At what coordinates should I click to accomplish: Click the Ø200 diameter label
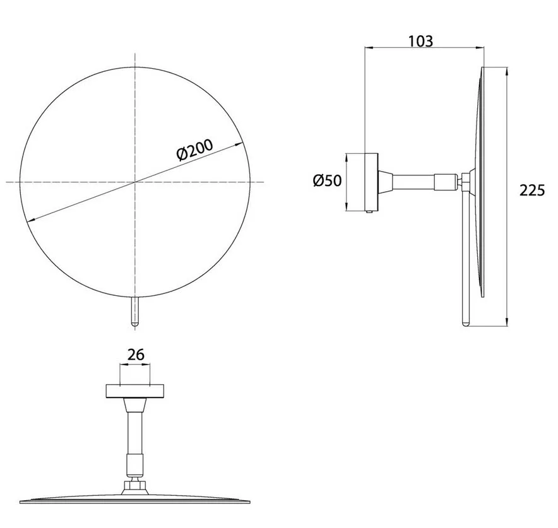pos(195,150)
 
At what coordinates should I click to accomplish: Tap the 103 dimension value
pos(420,41)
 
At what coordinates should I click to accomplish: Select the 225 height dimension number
pos(532,191)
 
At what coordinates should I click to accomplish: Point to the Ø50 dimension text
pos(327,180)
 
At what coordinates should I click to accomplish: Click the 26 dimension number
pos(136,355)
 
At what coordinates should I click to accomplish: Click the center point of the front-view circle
pos(135,182)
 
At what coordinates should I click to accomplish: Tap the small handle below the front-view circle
pos(135,312)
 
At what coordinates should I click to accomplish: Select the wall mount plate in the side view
pos(372,182)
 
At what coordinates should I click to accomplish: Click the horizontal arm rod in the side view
pos(414,182)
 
